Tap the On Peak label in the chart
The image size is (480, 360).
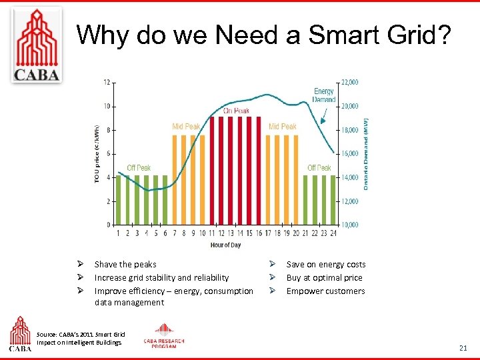pyautogui.click(x=237, y=111)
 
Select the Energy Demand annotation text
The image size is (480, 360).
pyautogui.click(x=324, y=95)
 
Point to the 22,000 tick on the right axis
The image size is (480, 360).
pyautogui.click(x=350, y=82)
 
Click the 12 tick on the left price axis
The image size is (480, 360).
pyautogui.click(x=107, y=82)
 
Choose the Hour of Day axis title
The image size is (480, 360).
pyautogui.click(x=225, y=245)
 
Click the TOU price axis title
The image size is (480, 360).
pyautogui.click(x=97, y=153)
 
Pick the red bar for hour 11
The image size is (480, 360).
pyautogui.click(x=212, y=171)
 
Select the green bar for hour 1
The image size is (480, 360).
pyautogui.click(x=119, y=200)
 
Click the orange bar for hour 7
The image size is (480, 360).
pyautogui.click(x=175, y=180)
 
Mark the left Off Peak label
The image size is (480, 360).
pyautogui.click(x=139, y=168)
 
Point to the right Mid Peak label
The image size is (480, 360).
pyautogui.click(x=282, y=127)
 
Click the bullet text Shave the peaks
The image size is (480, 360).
pyautogui.click(x=125, y=265)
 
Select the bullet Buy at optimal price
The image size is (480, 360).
pyautogui.click(x=324, y=278)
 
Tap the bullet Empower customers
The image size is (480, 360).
pyautogui.click(x=325, y=291)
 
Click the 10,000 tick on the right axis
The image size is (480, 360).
pyautogui.click(x=350, y=225)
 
